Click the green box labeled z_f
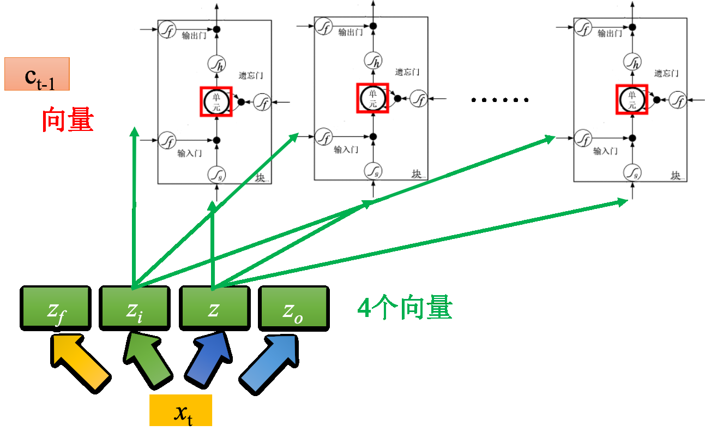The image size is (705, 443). point(55,309)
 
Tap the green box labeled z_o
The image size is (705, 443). point(294,309)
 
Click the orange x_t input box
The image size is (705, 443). point(180,410)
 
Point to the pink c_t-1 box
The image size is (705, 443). point(37,74)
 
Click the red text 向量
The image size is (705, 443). point(68,121)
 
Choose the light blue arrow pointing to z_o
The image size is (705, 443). point(269,362)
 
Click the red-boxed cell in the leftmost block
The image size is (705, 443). point(216,101)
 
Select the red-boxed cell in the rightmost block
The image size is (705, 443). point(632,100)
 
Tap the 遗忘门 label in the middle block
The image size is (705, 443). point(407,73)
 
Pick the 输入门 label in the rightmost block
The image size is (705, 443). point(605,151)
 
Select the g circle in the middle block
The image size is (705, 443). point(373,171)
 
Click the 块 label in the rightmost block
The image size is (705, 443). point(676,175)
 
